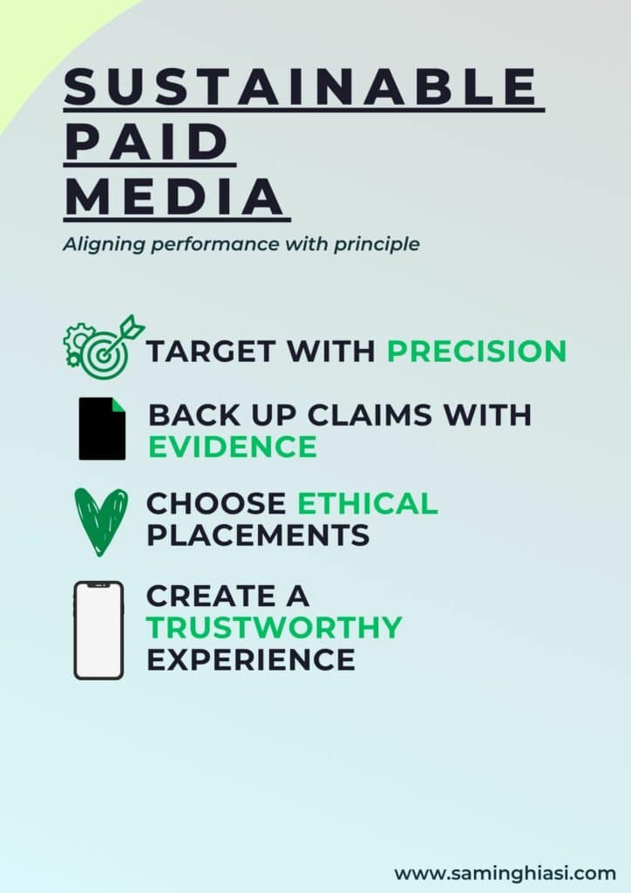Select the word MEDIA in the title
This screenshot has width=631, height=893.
174,196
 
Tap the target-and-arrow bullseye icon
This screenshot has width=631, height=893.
104,347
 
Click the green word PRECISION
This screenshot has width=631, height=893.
477,351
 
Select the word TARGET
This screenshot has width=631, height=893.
212,351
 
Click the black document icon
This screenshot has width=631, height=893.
102,428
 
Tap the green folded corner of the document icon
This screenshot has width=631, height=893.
119,404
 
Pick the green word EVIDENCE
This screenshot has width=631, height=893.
232,446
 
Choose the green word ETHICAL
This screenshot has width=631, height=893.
368,503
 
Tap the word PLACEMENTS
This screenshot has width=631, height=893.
258,535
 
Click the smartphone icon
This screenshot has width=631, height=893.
98,631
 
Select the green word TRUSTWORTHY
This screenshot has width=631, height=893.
275,627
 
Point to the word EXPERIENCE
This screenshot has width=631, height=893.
251,659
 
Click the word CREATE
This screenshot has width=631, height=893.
212,596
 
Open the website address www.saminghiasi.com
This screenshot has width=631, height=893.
505,873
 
